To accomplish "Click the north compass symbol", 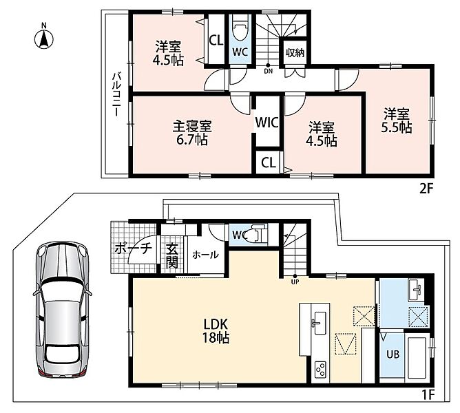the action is [x=43, y=37].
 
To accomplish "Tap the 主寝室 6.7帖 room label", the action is [x=192, y=133].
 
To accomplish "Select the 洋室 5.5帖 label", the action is [x=397, y=120].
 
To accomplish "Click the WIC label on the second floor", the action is [x=266, y=123].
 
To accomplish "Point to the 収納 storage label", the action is [x=295, y=53].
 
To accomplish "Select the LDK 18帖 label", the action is [x=216, y=331].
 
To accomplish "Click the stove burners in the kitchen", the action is [x=320, y=370].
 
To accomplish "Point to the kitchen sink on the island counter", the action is [x=320, y=323].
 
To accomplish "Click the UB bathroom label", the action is [x=393, y=354].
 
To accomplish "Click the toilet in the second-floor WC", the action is [x=240, y=30].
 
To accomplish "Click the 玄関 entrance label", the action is [x=172, y=256].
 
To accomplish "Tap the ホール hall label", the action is [x=205, y=255].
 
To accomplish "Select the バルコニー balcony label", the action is [x=117, y=95].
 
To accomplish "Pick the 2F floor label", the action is [x=426, y=189].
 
